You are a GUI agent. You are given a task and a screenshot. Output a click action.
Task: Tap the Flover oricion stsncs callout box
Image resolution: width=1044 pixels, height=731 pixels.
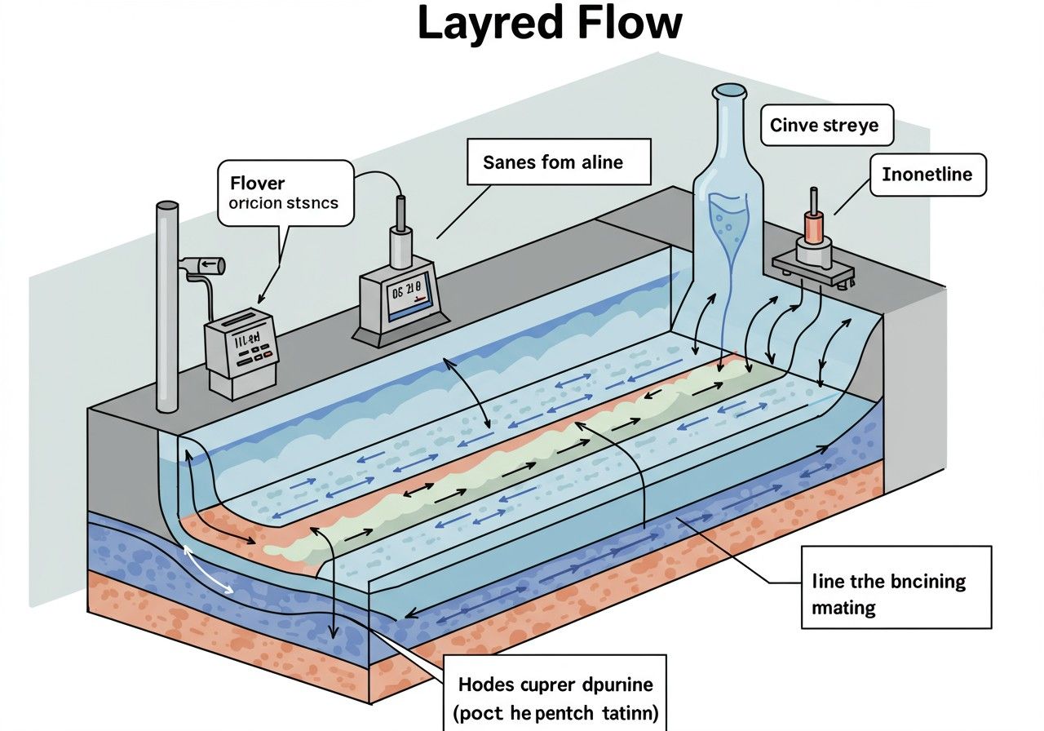tap(285, 193)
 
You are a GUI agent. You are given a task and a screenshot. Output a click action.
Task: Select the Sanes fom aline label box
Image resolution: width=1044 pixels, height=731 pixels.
tap(558, 162)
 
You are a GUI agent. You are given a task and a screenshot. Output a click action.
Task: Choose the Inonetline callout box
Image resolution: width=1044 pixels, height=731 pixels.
tap(927, 175)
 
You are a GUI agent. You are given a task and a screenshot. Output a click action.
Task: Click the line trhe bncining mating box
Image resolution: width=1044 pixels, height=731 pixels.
tap(896, 587)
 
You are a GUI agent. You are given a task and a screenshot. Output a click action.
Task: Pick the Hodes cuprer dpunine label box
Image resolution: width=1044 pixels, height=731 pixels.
tap(556, 693)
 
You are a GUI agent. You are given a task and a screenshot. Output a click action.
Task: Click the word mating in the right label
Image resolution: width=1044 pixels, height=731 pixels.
tap(844, 608)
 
